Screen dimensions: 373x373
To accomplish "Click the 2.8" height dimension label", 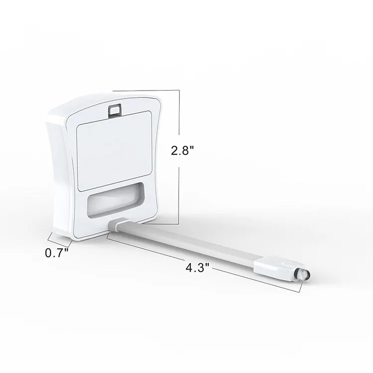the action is [x=183, y=150].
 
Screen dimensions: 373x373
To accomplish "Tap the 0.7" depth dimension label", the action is [x=57, y=253].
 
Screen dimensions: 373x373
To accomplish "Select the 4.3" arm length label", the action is [x=197, y=268].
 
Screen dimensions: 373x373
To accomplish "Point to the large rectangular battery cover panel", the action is [x=115, y=151].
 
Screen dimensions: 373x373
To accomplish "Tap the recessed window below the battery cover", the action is [x=115, y=200].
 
